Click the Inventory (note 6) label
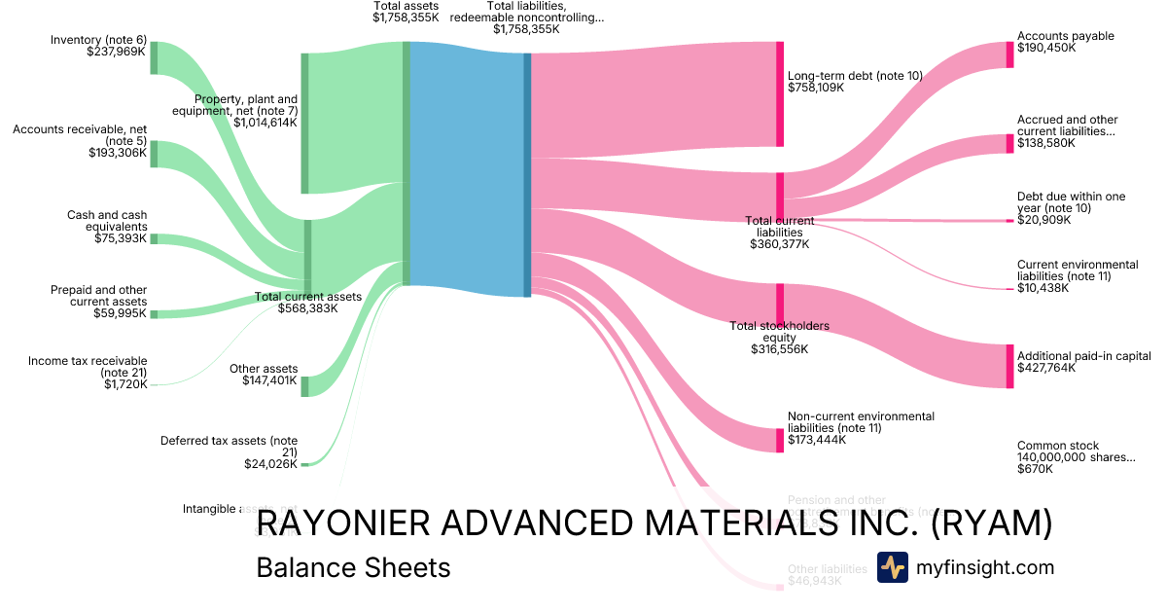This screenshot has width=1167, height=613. [x=98, y=40]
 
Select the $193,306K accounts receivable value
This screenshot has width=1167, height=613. [x=118, y=153]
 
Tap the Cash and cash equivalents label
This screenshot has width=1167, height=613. [x=107, y=221]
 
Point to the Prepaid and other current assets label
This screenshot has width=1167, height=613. [x=98, y=296]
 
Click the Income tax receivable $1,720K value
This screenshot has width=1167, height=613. [x=125, y=384]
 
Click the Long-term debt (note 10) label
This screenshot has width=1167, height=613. [x=855, y=75]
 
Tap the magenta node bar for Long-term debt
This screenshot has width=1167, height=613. [x=780, y=94]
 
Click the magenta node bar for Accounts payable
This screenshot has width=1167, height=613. [x=1009, y=54]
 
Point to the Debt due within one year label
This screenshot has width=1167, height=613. [x=1071, y=202]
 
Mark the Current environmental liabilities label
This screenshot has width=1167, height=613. [x=1077, y=270]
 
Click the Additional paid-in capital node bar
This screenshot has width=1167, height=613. [x=1009, y=366]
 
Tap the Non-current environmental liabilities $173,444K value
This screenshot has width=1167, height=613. [x=816, y=440]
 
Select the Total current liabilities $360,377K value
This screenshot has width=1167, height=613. [x=779, y=244]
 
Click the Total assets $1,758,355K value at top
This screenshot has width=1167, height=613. [x=406, y=18]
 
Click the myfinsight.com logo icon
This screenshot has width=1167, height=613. [x=892, y=567]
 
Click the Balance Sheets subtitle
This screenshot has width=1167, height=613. [x=353, y=567]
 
